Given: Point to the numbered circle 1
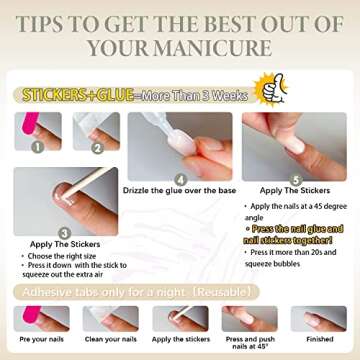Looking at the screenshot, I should tap(37, 145).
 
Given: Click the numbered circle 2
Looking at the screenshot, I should tap(97, 145).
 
